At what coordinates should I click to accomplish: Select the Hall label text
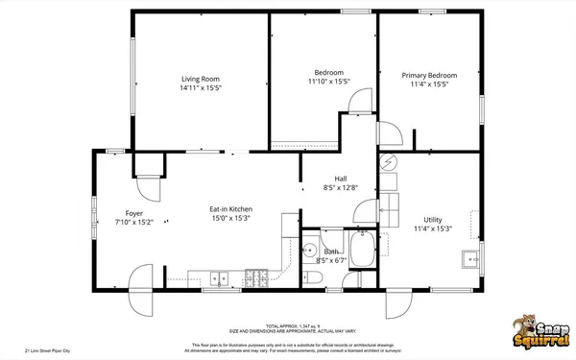pyautogui.click(x=340, y=179)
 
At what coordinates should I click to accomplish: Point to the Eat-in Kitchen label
pyautogui.click(x=230, y=208)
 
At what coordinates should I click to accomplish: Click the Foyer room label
pyautogui.click(x=134, y=213)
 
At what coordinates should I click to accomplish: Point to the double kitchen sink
pyautogui.click(x=220, y=279)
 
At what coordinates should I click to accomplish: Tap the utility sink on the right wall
pyautogui.click(x=471, y=258)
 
